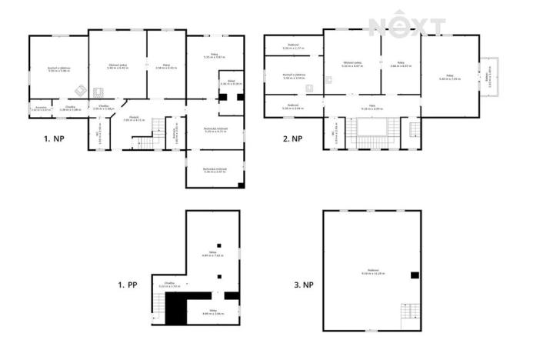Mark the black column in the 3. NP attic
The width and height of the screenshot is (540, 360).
[x=415, y=275]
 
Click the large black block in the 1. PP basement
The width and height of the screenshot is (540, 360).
[x=176, y=310]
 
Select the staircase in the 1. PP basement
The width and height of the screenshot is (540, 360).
[x=158, y=308]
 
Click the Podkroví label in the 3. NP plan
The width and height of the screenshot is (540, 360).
[x=372, y=272]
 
